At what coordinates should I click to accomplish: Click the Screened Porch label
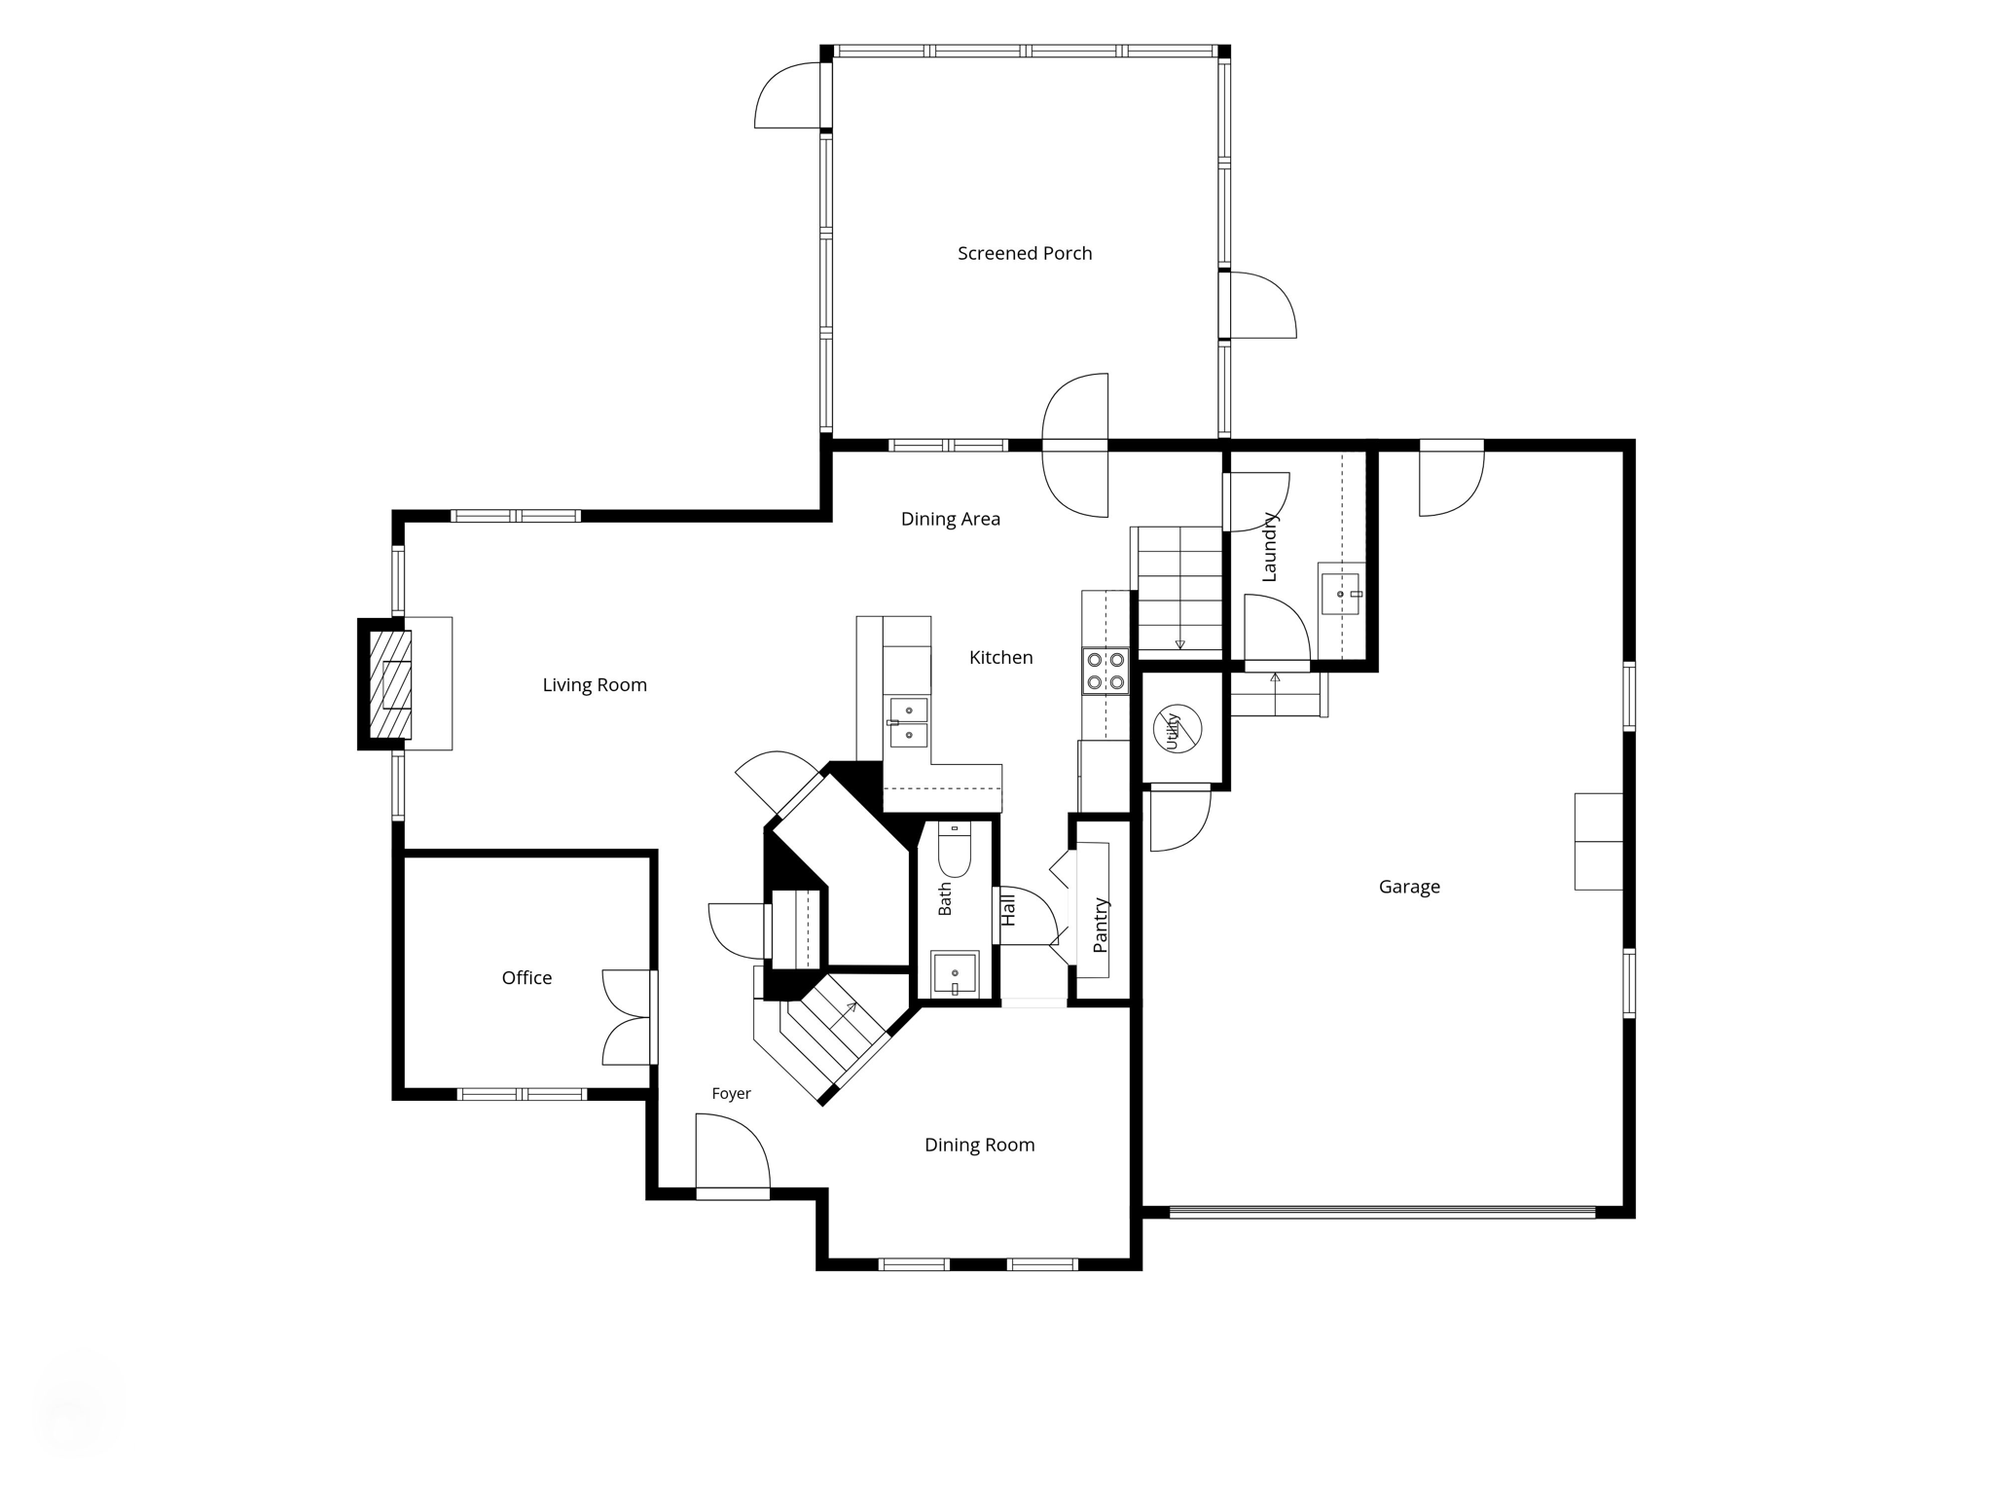click(1025, 253)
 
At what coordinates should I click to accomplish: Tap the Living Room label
click(595, 685)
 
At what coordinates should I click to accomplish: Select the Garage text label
click(1409, 887)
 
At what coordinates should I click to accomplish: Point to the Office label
click(526, 977)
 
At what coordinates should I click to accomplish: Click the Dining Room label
click(979, 1146)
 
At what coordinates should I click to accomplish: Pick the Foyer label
click(731, 1094)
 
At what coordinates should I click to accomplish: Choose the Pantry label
click(1101, 926)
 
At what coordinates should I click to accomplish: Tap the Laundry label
click(1269, 547)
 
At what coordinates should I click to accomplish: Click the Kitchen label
click(1000, 658)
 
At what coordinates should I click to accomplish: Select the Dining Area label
click(951, 519)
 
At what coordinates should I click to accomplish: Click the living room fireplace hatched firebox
click(390, 684)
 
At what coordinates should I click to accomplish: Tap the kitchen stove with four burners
click(1105, 671)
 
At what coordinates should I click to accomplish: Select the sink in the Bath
click(955, 973)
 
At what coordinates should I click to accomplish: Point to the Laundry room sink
click(1341, 594)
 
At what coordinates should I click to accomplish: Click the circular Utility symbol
click(1178, 728)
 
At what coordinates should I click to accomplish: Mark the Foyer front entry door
click(733, 1154)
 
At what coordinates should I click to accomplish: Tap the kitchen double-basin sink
click(909, 722)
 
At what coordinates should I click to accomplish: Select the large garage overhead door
click(1382, 1213)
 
